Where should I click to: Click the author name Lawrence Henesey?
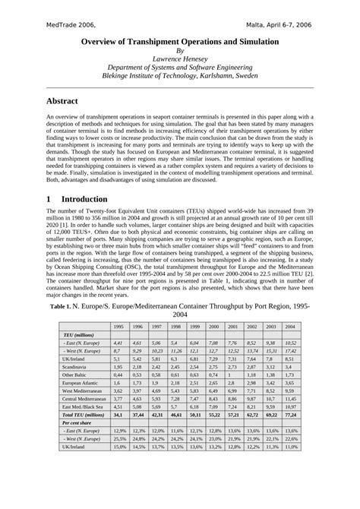[x=180, y=58]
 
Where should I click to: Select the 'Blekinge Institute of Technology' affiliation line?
[x=180, y=77]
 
